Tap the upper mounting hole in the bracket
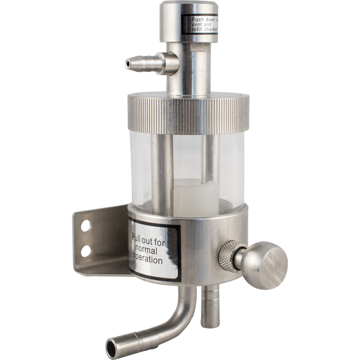point(86,226)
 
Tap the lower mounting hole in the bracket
point(85,251)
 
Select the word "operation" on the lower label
point(148,260)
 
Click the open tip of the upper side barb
point(129,65)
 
